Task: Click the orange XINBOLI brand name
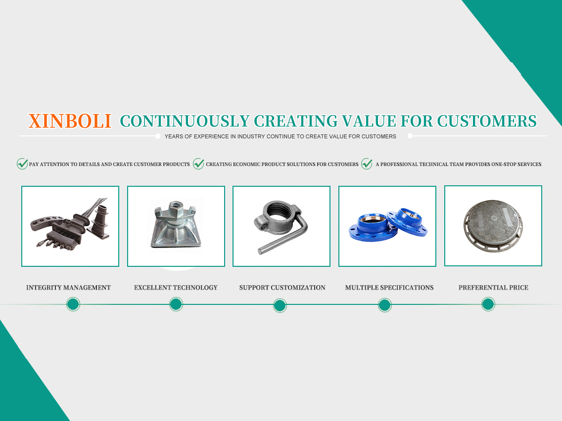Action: click(70, 121)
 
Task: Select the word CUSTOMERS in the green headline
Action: click(487, 121)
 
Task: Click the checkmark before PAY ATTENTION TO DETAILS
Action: click(22, 164)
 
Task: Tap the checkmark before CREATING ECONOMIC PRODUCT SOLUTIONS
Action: click(198, 164)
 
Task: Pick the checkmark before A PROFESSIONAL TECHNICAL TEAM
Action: click(367, 164)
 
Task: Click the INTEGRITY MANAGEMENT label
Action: click(68, 288)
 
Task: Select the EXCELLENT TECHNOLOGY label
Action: click(176, 288)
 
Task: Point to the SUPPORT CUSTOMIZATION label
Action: click(282, 288)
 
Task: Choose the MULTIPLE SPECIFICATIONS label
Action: click(389, 288)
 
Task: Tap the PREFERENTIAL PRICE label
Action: click(493, 288)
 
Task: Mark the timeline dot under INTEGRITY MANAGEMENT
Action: click(73, 304)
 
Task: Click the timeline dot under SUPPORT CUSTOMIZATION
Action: click(280, 306)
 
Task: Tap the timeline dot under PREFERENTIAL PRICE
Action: click(488, 304)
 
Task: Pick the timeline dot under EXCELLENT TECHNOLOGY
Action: click(176, 304)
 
